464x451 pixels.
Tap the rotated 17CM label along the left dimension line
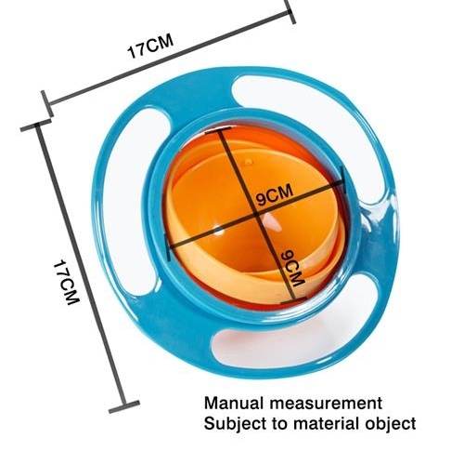pos(67,282)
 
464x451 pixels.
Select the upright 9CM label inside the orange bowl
pos(275,195)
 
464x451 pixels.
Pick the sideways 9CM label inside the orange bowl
pos(292,268)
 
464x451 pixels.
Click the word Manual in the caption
pos(234,404)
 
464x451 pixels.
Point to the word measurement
pos(326,404)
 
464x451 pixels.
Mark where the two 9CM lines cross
pos(256,214)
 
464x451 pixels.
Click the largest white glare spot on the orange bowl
pos(272,222)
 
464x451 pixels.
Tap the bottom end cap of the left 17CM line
pos(124,406)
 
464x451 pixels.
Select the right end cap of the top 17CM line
pos(290,11)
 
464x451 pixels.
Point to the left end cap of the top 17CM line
pos(47,104)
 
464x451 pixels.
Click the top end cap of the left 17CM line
pos(36,125)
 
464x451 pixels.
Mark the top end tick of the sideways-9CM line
pos(217,130)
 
